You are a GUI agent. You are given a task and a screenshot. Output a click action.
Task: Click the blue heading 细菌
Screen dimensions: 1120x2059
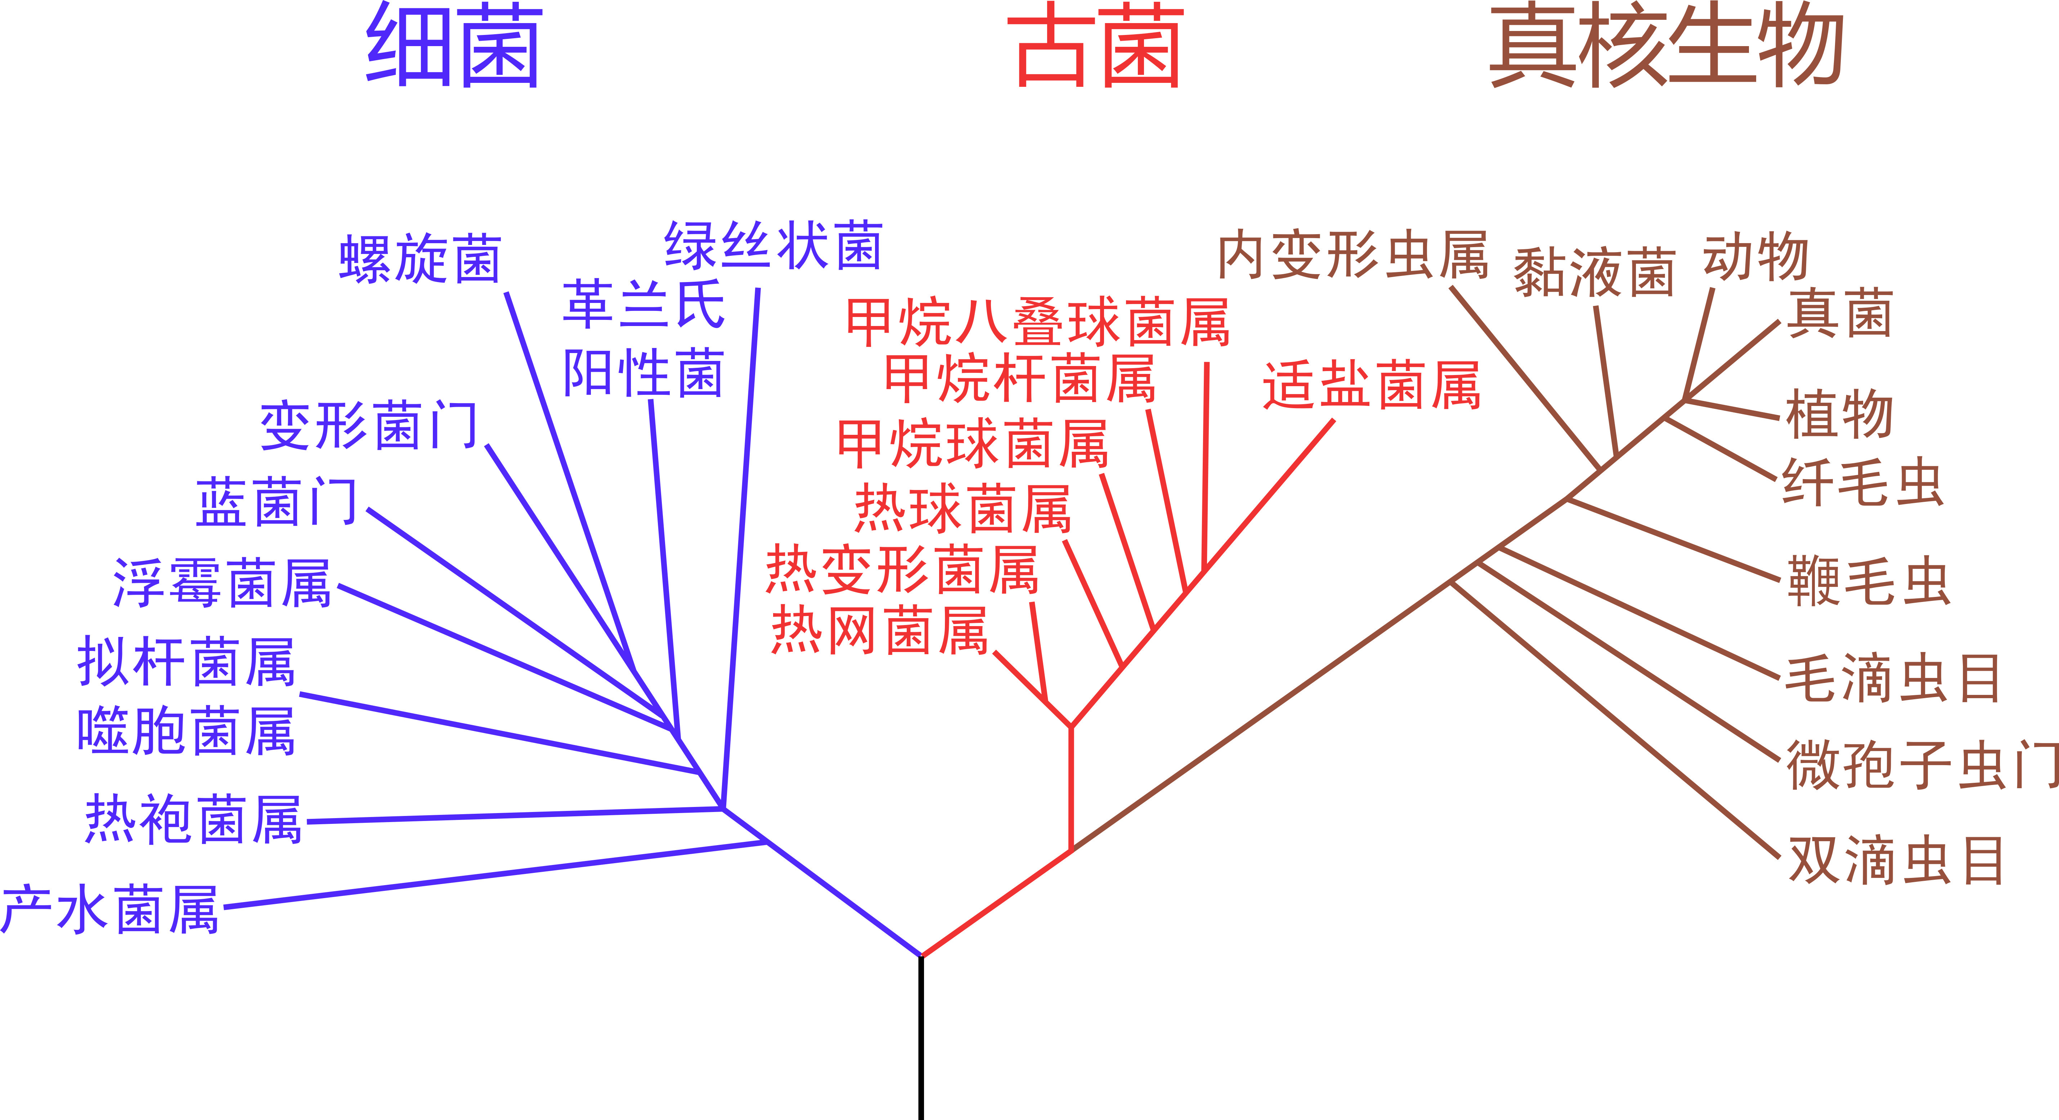pos(454,46)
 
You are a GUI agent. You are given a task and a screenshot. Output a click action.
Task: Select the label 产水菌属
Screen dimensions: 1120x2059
pos(110,910)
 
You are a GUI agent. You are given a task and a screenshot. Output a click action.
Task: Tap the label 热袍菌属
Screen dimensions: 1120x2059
pos(193,820)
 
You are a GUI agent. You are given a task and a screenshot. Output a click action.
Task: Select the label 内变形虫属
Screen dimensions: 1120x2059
pos(1353,256)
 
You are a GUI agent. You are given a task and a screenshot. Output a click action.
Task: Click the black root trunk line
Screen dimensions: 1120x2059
pos(921,1039)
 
